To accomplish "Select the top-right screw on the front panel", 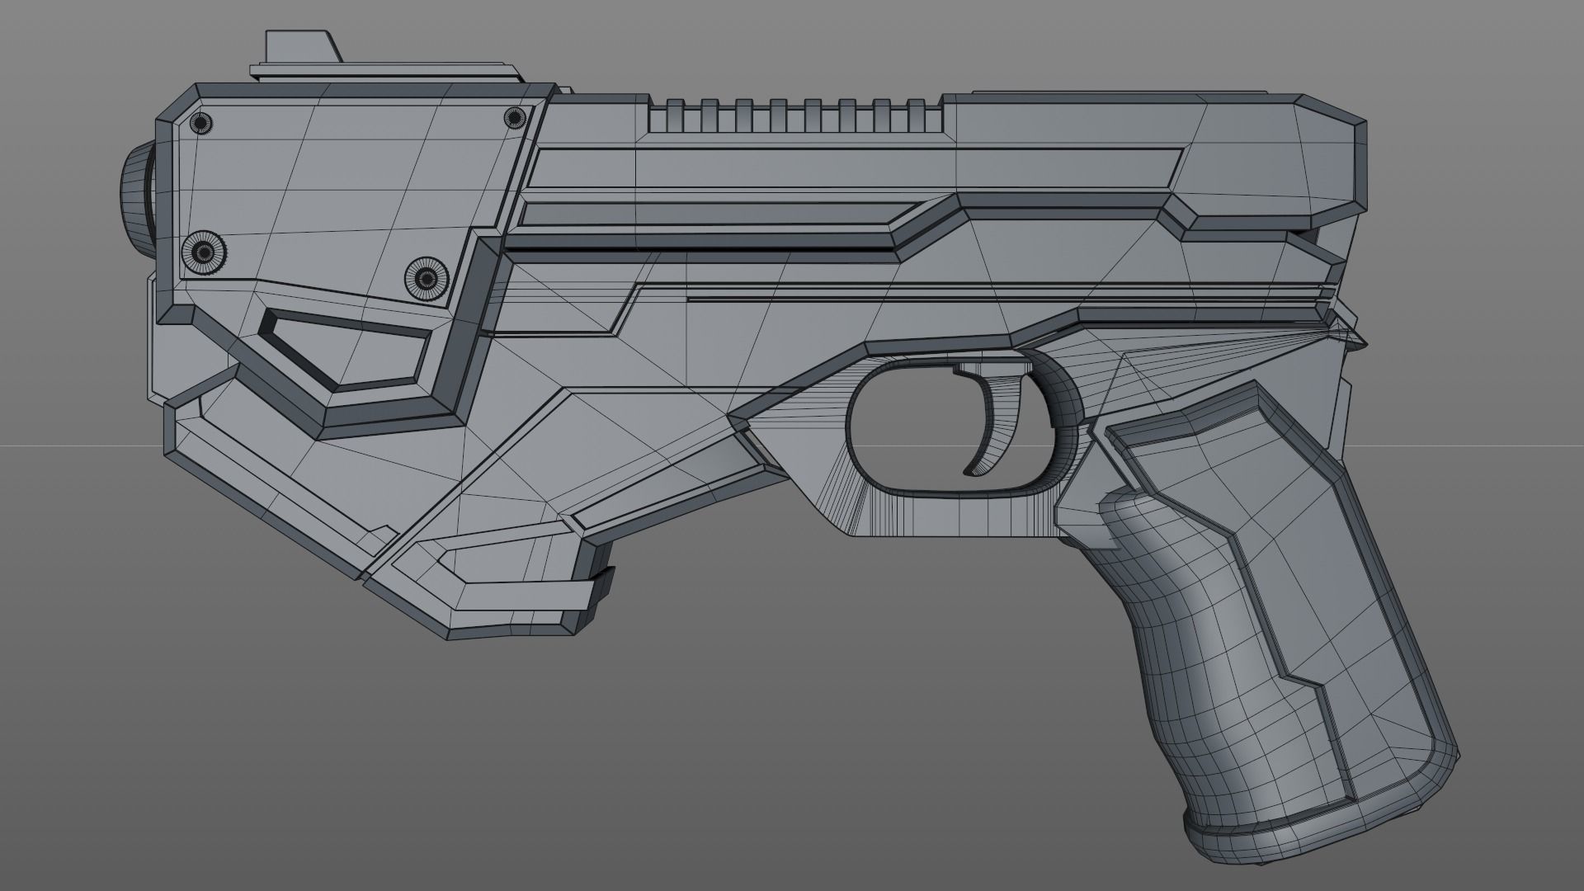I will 515,118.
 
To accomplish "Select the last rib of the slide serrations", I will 916,115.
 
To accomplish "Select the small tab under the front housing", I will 602,582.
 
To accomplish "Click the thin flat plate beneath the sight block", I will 388,73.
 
